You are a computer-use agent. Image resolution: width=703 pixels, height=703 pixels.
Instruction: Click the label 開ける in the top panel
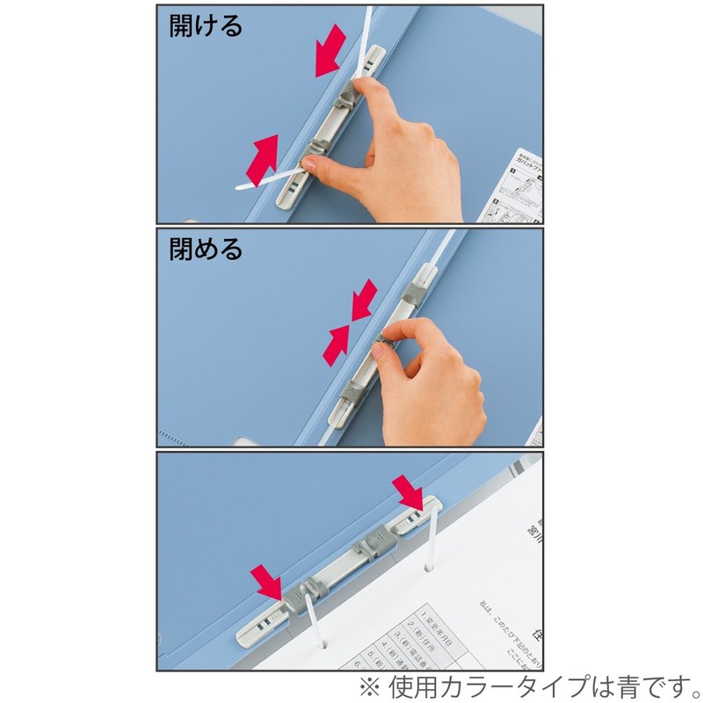click(206, 25)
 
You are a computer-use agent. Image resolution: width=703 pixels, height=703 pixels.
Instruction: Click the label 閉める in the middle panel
click(206, 250)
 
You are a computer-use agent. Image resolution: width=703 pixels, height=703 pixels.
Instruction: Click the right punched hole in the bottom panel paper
click(429, 569)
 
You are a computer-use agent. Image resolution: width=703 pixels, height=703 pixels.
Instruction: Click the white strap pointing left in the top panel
click(264, 181)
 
